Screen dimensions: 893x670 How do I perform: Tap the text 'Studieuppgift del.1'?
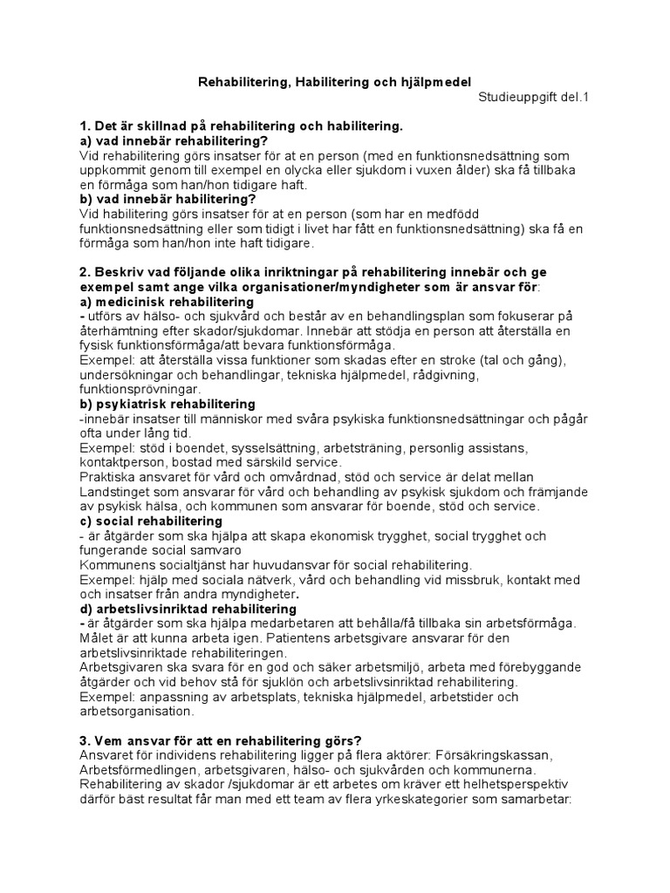pyautogui.click(x=534, y=98)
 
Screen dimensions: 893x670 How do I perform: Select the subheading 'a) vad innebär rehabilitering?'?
pyautogui.click(x=174, y=141)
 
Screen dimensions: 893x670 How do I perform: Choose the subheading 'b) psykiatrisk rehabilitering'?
pyautogui.click(x=167, y=404)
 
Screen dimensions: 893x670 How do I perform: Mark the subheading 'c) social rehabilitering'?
pyautogui.click(x=150, y=521)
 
